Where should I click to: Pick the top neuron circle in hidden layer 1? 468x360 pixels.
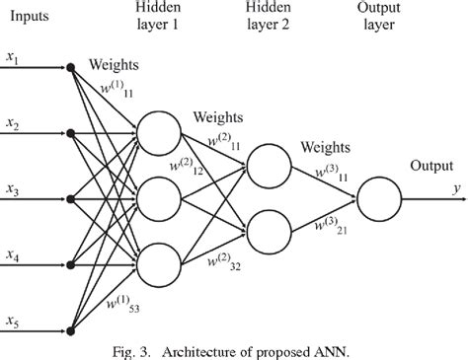point(160,133)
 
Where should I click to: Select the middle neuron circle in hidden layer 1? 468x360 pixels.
point(160,197)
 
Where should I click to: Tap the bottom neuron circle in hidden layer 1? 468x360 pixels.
point(160,261)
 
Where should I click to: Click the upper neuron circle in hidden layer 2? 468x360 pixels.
point(269,163)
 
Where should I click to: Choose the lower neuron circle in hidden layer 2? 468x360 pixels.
point(269,231)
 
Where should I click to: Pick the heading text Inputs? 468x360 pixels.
point(29,16)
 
